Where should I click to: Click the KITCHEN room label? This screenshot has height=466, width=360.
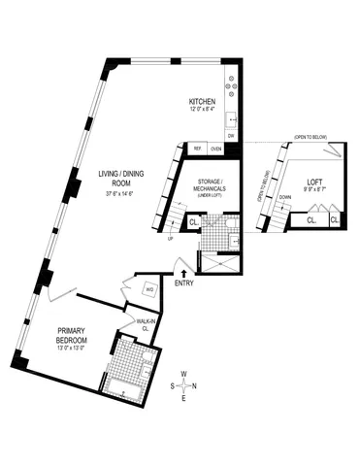202,101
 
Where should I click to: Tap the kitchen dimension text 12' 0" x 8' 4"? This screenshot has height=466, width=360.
202,109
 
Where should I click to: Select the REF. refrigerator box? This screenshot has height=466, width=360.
197,149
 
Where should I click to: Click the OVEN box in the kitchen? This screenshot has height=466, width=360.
216,149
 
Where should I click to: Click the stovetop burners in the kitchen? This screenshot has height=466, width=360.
231,86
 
